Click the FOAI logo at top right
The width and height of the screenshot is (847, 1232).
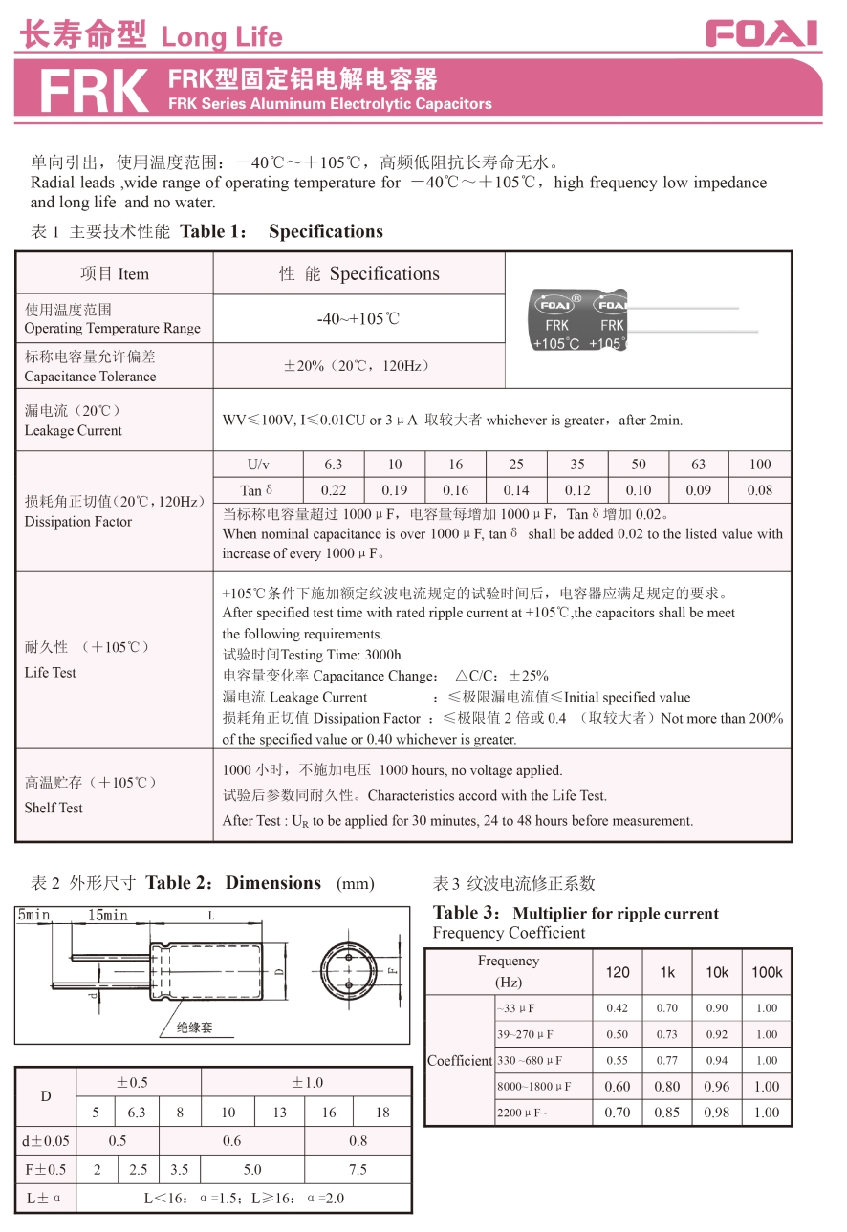click(x=762, y=34)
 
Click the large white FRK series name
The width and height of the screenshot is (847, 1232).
click(x=95, y=92)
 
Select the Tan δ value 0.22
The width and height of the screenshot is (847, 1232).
click(x=334, y=490)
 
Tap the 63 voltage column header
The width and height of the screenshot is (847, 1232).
click(x=699, y=465)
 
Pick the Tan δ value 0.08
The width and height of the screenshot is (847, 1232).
click(x=760, y=490)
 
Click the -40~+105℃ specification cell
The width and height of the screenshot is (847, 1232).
click(x=358, y=319)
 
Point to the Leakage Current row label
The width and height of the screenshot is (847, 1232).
click(x=74, y=421)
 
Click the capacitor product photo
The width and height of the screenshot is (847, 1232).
click(x=631, y=319)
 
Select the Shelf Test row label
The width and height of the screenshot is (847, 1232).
click(x=54, y=808)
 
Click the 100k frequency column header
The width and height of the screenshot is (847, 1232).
click(x=767, y=972)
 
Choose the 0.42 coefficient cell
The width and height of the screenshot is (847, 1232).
click(x=618, y=1007)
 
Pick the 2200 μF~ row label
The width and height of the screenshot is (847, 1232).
click(x=523, y=1113)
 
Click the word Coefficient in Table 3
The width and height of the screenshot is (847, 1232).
click(x=460, y=1061)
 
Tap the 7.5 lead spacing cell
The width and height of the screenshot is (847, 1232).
click(x=358, y=1169)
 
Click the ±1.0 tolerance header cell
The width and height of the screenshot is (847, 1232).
click(x=307, y=1082)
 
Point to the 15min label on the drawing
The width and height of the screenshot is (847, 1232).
click(x=108, y=916)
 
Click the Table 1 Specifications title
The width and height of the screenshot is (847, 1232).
click(x=281, y=231)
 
